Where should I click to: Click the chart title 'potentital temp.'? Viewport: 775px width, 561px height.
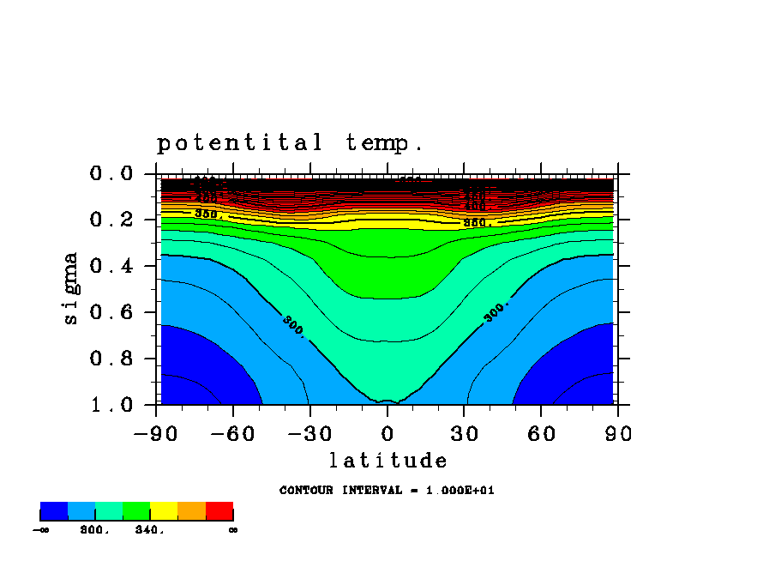[x=290, y=143]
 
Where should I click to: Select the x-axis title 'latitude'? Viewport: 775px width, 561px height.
[x=388, y=461]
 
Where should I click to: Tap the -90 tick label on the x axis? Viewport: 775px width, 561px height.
[x=155, y=434]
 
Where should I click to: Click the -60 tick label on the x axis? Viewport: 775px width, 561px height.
[x=232, y=434]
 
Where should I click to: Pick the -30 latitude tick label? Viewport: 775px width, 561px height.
[x=309, y=434]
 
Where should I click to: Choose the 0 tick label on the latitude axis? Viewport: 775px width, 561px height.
[x=387, y=434]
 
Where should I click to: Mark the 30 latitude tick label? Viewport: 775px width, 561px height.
[x=465, y=434]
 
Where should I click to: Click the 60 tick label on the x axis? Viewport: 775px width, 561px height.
[x=542, y=434]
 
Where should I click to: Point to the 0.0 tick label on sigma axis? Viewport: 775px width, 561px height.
[x=111, y=174]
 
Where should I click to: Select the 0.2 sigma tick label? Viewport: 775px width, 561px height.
[x=111, y=220]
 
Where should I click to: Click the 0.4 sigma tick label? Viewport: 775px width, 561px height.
[x=111, y=267]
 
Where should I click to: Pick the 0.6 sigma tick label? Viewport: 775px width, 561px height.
[x=111, y=313]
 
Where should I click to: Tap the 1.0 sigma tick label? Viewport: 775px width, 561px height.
[x=111, y=405]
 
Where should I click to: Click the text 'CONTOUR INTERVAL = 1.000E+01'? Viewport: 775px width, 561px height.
[x=387, y=491]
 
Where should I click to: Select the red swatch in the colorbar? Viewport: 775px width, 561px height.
[x=219, y=511]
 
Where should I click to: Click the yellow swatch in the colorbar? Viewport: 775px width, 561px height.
[x=164, y=511]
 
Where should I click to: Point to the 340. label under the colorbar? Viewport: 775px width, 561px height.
[x=149, y=530]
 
